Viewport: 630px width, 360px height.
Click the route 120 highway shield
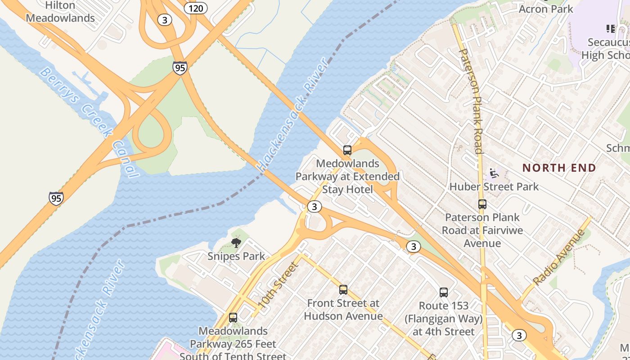pos(196,8)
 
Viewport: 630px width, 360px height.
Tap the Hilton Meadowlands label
pos(60,12)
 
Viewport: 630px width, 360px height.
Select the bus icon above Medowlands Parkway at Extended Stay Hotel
pos(347,150)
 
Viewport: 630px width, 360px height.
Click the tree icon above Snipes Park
pos(236,243)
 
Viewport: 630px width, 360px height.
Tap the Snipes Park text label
pos(236,256)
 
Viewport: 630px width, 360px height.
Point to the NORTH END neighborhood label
pos(559,168)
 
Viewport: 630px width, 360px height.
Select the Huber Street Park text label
pos(494,186)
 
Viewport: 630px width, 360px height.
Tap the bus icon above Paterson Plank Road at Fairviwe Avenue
pos(482,204)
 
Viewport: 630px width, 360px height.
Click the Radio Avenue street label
pos(558,257)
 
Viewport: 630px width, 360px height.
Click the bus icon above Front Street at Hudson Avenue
pos(343,290)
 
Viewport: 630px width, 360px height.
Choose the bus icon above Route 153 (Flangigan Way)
pos(444,292)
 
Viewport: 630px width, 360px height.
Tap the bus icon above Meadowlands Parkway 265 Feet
pos(233,318)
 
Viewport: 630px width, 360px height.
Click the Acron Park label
pos(546,9)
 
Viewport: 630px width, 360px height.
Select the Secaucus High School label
pos(605,49)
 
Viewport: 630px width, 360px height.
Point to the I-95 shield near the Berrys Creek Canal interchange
pos(180,68)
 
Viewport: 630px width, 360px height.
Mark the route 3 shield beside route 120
pos(165,20)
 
